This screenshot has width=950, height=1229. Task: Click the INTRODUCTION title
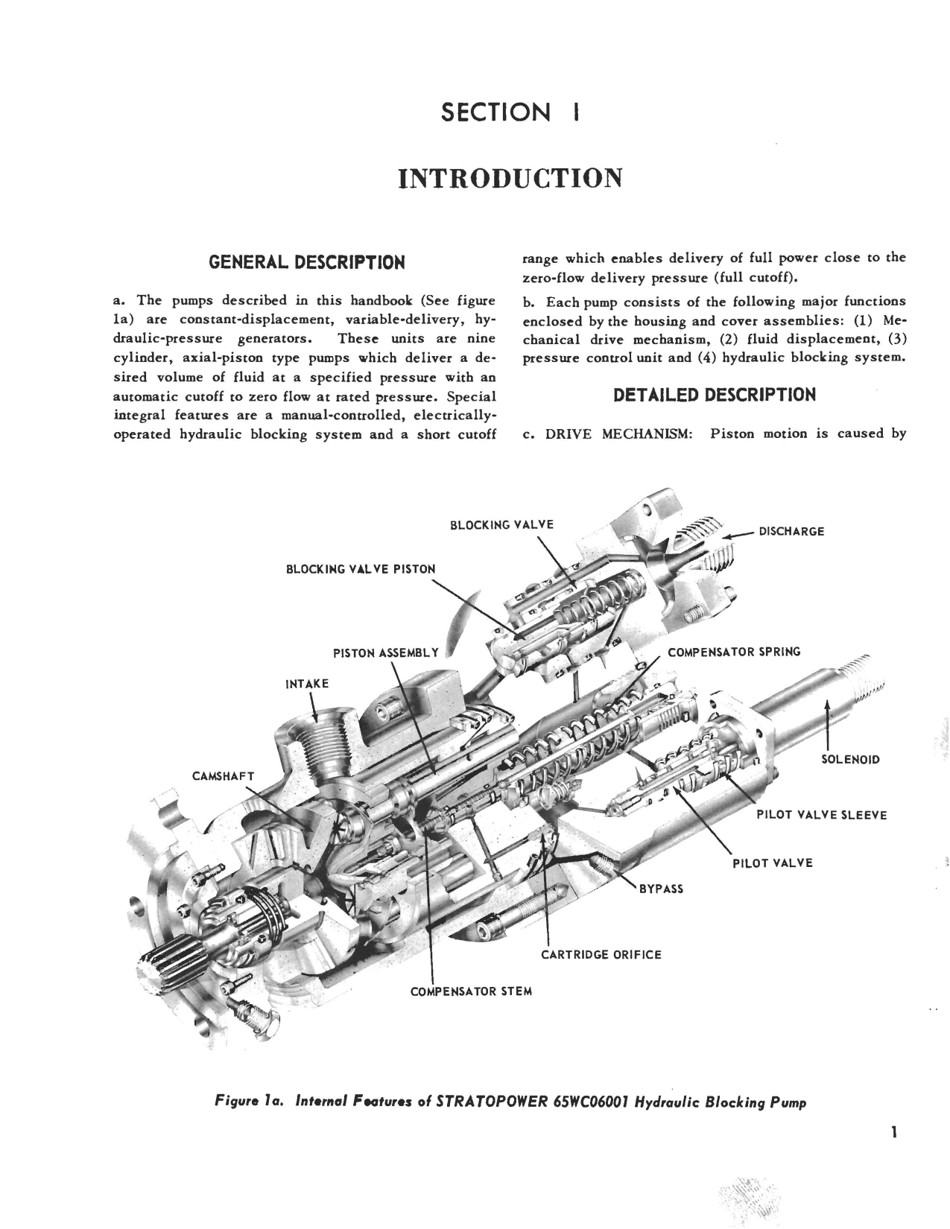[510, 178]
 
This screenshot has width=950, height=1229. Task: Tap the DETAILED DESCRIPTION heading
[714, 395]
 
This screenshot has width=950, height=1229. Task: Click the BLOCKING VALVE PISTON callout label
[361, 569]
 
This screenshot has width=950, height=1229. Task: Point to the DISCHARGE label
[791, 532]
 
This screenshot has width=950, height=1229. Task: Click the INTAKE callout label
[307, 683]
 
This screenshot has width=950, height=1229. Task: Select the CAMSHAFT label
[224, 776]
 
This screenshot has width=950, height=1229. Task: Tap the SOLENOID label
[849, 760]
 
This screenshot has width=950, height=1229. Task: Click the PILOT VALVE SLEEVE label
[821, 815]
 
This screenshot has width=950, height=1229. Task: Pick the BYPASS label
[661, 889]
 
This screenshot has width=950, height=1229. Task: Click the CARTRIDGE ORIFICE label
[601, 954]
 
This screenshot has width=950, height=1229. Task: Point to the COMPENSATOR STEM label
[471, 992]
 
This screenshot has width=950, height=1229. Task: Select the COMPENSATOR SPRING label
[733, 652]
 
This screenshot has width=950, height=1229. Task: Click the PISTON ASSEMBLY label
[386, 653]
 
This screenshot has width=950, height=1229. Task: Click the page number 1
[893, 1133]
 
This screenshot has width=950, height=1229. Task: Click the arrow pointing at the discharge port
[741, 533]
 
